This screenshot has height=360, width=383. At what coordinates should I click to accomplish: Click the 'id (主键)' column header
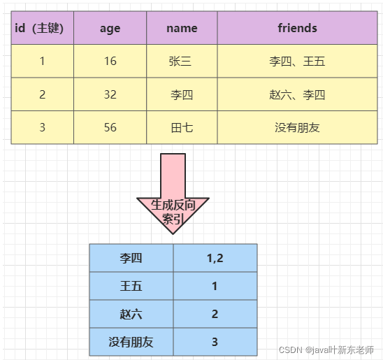[42, 28]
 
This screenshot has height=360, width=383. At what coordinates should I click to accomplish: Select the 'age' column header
[110, 28]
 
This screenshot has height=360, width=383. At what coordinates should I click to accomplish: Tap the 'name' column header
[182, 28]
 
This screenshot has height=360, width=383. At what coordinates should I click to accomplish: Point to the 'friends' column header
[297, 28]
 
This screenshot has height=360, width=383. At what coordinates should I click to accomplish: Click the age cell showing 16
[110, 61]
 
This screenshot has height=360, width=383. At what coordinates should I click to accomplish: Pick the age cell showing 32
[110, 94]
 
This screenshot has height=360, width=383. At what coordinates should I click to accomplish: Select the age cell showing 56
[110, 127]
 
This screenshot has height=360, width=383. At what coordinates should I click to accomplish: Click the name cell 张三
[182, 61]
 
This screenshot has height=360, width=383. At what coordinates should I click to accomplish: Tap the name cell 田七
[182, 127]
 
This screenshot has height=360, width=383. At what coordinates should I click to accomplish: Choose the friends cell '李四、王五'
[297, 61]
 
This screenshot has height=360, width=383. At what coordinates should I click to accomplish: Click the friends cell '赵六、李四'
[297, 94]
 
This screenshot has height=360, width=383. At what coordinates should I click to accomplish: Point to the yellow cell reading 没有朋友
[297, 127]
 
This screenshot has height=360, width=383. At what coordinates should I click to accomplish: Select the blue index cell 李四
[131, 258]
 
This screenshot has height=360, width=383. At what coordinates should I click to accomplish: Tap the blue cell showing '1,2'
[215, 258]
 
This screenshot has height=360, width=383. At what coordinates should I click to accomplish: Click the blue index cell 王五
[131, 286]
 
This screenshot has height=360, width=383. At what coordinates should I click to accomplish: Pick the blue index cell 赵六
[131, 314]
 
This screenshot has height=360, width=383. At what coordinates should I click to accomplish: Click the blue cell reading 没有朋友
[131, 342]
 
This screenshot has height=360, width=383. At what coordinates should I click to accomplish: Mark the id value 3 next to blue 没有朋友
[215, 342]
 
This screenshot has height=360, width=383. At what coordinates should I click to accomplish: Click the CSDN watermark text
[326, 350]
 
